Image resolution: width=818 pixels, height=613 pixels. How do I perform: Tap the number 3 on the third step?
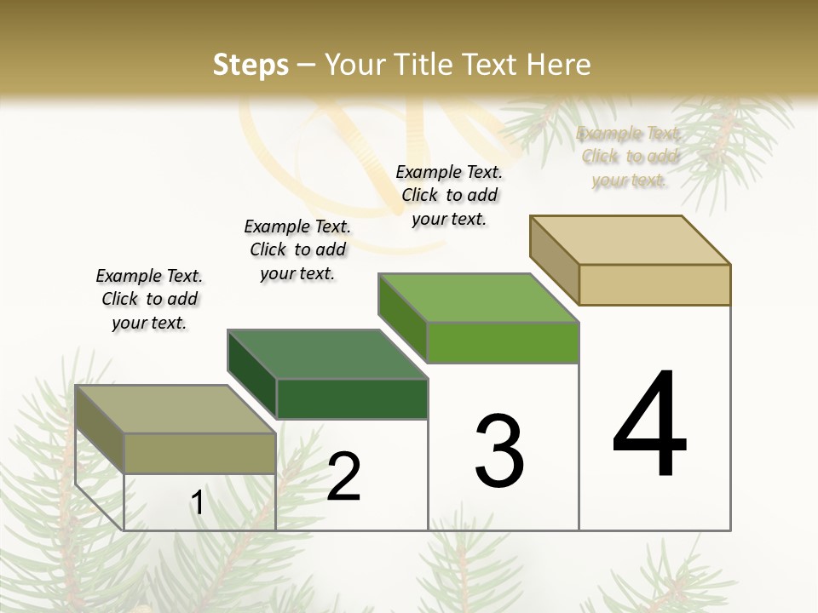(x=499, y=451)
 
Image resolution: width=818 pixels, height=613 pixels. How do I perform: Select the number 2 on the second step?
(x=344, y=477)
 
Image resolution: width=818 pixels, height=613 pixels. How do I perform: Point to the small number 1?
(x=198, y=502)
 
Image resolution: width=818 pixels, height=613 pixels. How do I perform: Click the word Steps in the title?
(x=251, y=64)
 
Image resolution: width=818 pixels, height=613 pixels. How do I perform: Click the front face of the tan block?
(x=654, y=284)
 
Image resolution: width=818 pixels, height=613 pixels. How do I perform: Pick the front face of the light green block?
(x=503, y=342)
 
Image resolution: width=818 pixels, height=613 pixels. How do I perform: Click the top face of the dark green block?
(x=327, y=354)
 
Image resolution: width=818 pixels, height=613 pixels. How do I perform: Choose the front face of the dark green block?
(x=352, y=398)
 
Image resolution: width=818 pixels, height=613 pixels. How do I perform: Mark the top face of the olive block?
(x=176, y=410)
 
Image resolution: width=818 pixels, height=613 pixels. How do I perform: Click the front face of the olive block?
(x=199, y=453)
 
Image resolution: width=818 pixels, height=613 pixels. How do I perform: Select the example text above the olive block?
(x=149, y=299)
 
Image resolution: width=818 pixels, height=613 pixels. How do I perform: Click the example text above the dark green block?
(x=297, y=249)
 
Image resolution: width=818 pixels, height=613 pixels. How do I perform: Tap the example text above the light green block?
(x=449, y=195)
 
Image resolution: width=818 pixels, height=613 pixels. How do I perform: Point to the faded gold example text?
(x=629, y=156)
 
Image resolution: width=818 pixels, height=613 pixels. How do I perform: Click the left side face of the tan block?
(x=554, y=260)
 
